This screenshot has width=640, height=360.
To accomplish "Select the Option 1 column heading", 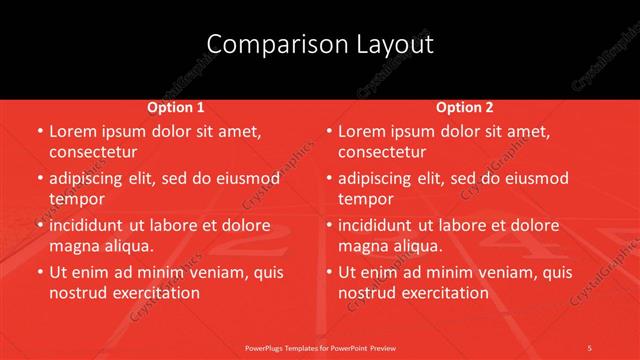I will [x=176, y=106].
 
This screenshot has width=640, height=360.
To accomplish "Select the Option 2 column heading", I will [x=465, y=106].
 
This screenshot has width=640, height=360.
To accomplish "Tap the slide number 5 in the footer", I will [x=590, y=348].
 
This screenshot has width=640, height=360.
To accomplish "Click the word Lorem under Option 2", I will [x=363, y=131].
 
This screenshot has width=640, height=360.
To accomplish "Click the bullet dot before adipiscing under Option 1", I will [x=38, y=179].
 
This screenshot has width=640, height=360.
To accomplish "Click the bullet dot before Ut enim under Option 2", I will [x=327, y=273].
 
